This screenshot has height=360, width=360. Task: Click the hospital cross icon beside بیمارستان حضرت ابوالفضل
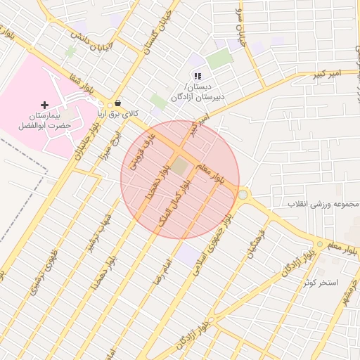pyautogui.click(x=45, y=104)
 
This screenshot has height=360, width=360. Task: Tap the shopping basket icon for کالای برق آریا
pyautogui.click(x=117, y=102)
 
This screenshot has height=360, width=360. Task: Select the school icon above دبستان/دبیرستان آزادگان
pyautogui.click(x=198, y=76)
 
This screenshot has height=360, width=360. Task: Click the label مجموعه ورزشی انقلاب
pyautogui.click(x=323, y=204)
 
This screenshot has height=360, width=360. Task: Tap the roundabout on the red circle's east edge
pyautogui.click(x=243, y=194)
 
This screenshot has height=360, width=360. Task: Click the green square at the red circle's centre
pyautogui.click(x=181, y=167)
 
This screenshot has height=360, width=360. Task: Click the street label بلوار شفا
pyautogui.click(x=81, y=82)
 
